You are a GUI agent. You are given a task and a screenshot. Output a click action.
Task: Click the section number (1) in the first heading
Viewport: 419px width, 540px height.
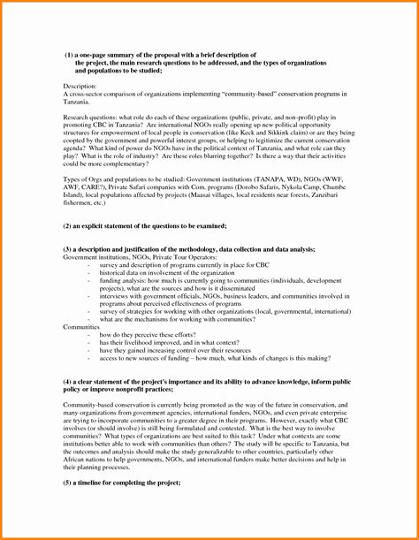click(x=69, y=55)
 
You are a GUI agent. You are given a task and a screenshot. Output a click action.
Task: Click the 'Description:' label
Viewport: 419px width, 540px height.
click(x=81, y=84)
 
